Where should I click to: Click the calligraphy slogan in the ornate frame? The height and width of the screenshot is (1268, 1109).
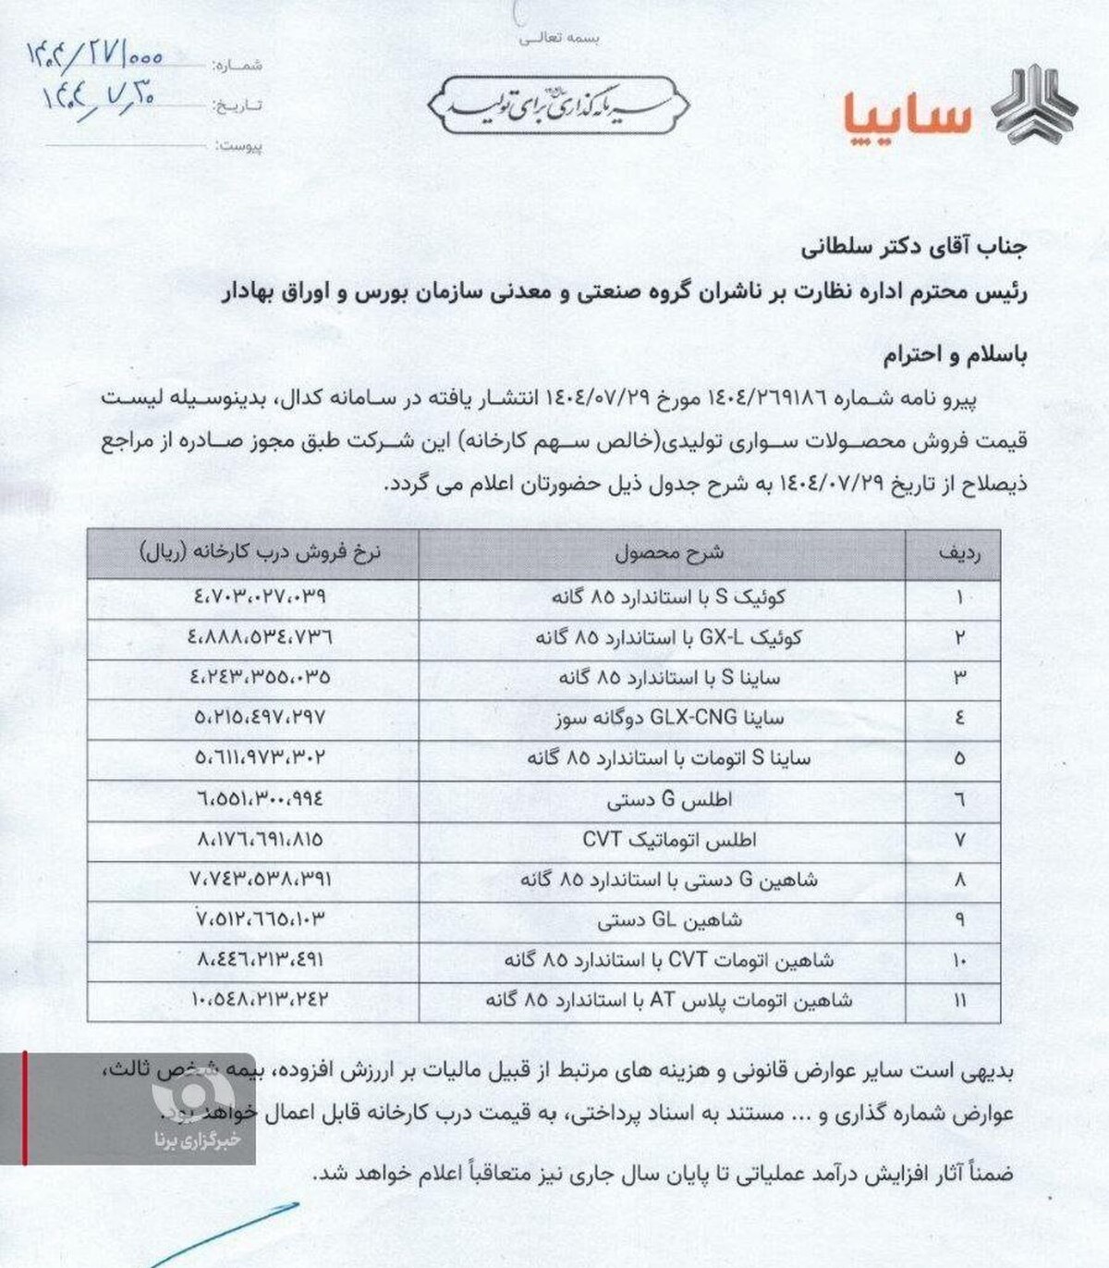click(559, 105)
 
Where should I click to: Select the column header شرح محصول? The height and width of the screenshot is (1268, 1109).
click(670, 553)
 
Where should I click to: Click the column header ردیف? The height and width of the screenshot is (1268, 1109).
click(958, 553)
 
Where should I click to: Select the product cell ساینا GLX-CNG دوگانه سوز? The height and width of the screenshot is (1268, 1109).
click(671, 718)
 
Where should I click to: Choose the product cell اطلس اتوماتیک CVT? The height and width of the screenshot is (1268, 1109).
click(669, 840)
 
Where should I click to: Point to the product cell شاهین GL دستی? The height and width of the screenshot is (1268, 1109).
click(670, 920)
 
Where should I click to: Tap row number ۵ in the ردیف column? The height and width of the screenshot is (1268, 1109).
click(959, 758)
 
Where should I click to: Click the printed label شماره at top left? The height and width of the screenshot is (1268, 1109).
click(239, 65)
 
